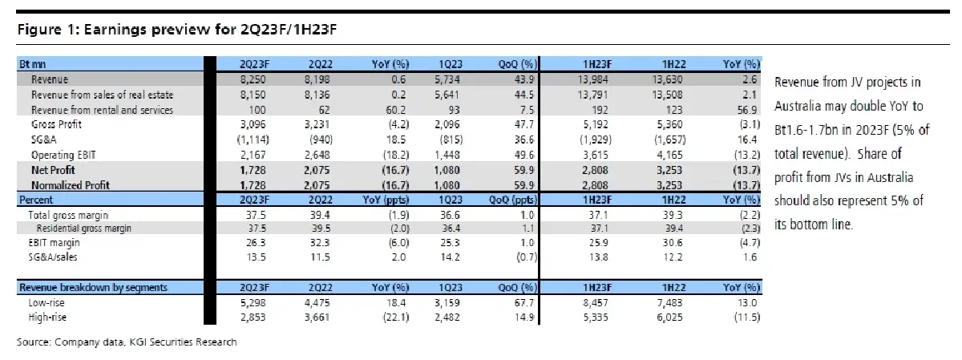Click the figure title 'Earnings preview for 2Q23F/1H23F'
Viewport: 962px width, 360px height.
click(210, 30)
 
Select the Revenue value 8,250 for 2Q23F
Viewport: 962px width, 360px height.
click(253, 79)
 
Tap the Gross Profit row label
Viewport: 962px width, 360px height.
click(56, 124)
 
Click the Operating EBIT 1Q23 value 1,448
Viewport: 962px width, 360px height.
click(447, 155)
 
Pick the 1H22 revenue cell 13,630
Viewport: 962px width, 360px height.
click(667, 79)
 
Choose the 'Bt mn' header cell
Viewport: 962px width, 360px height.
click(33, 64)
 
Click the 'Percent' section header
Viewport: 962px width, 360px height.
click(36, 200)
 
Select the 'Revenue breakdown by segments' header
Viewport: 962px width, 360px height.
click(93, 287)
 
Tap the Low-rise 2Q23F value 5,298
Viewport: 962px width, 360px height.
click(253, 303)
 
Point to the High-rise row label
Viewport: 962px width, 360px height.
click(47, 318)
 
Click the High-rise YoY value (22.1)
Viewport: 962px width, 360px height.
click(395, 318)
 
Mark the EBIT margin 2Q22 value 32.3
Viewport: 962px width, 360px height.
click(320, 243)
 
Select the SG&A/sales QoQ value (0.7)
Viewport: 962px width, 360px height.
click(527, 257)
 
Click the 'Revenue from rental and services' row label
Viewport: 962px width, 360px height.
click(103, 110)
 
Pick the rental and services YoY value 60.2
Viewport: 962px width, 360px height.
click(395, 110)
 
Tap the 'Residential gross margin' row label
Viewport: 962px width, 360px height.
click(83, 229)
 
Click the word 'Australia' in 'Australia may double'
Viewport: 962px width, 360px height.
click(798, 106)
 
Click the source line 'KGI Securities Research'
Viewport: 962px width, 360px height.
click(183, 342)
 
